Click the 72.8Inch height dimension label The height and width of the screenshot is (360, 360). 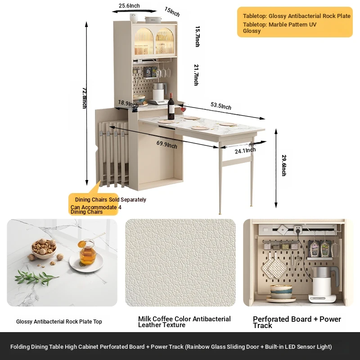(x=84, y=98)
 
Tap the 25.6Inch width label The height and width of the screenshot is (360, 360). (x=129, y=6)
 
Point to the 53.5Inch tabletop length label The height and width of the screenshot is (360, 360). (x=221, y=106)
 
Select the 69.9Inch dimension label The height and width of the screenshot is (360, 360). (x=166, y=144)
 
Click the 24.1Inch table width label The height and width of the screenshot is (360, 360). (x=245, y=150)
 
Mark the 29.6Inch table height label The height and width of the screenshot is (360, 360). (x=284, y=165)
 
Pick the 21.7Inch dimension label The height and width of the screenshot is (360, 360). (x=196, y=75)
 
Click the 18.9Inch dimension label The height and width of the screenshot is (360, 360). (x=128, y=103)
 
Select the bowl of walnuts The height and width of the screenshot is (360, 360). (x=44, y=249)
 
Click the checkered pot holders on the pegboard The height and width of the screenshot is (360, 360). (x=274, y=268)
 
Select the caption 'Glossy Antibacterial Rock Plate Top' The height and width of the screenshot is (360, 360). (x=59, y=322)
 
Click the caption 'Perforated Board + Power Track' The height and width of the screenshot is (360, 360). (x=297, y=322)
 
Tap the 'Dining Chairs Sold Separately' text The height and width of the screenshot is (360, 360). (x=110, y=200)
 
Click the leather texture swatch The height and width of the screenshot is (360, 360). (x=180, y=263)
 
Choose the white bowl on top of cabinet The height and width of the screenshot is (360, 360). (x=134, y=18)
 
